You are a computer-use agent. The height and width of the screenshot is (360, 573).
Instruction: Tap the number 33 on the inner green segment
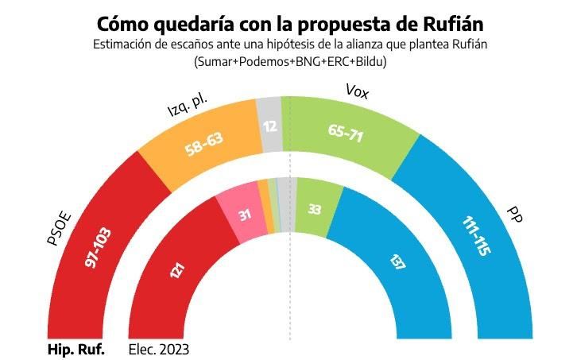(315, 208)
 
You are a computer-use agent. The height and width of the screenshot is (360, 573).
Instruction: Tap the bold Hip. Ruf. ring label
(76, 349)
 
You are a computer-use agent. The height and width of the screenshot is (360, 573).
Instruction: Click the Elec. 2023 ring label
(159, 349)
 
